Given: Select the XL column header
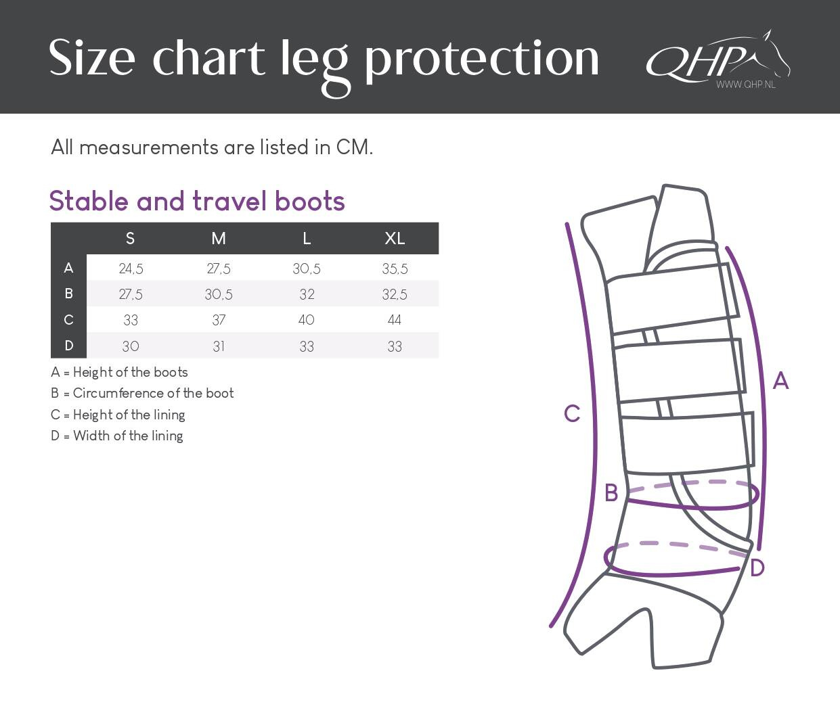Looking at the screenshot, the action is [395, 239].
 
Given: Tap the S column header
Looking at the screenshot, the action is [130, 239].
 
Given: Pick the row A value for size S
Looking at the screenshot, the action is [131, 269].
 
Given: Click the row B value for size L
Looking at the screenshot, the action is [307, 294].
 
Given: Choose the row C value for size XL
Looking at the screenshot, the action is [395, 320].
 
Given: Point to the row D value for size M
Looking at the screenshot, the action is [219, 346].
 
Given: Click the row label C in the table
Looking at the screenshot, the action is [68, 320].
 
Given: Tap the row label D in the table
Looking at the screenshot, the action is [68, 346].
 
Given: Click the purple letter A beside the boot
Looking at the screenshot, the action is [780, 381].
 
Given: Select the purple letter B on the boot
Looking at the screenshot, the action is [611, 492].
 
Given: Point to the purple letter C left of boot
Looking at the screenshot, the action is [572, 414].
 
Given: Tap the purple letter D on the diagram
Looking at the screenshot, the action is [757, 568].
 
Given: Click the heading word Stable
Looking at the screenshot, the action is [89, 201].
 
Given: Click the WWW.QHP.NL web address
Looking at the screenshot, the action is [746, 85].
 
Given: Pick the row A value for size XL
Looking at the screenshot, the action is [395, 269].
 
